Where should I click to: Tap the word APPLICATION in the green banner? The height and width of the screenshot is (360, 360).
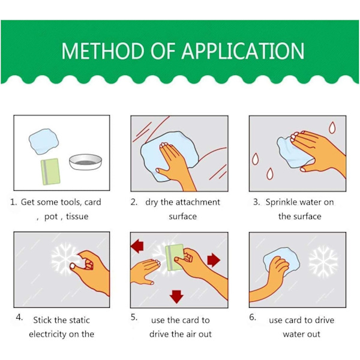243,51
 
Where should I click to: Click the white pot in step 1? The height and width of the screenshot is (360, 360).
85,162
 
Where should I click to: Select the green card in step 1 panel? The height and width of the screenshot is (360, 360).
50,172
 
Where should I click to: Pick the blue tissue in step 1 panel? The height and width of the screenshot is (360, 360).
44,142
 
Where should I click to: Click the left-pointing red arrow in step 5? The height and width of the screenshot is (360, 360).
137,246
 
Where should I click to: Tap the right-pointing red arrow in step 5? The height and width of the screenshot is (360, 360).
214,260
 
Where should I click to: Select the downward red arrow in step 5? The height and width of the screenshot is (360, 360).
176,296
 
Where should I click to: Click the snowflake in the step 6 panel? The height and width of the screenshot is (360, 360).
323,262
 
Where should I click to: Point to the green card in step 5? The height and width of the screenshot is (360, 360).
175,257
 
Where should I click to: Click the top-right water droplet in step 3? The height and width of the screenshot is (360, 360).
332,127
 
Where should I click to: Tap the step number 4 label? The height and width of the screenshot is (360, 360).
19,317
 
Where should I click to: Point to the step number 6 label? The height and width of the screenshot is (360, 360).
253,317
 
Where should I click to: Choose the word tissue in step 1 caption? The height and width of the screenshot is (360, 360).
77,216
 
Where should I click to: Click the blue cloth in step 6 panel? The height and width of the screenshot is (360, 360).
281,261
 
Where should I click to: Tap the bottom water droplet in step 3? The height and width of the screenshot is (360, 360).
270,174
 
